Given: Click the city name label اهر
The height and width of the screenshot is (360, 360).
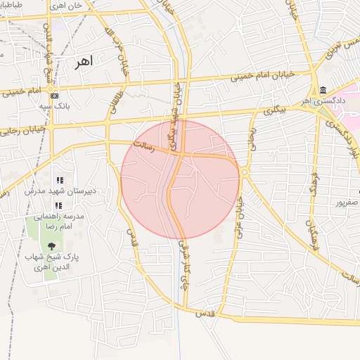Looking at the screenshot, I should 83,62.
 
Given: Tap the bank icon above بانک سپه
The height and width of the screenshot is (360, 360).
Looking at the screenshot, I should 55,96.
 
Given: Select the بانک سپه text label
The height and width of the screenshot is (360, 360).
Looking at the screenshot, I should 55,106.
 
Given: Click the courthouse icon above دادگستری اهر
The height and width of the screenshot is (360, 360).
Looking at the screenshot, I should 323,91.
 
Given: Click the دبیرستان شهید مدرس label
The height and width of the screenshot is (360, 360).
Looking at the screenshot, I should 60,191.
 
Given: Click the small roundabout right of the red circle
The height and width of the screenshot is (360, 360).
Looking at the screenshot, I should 244,172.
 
